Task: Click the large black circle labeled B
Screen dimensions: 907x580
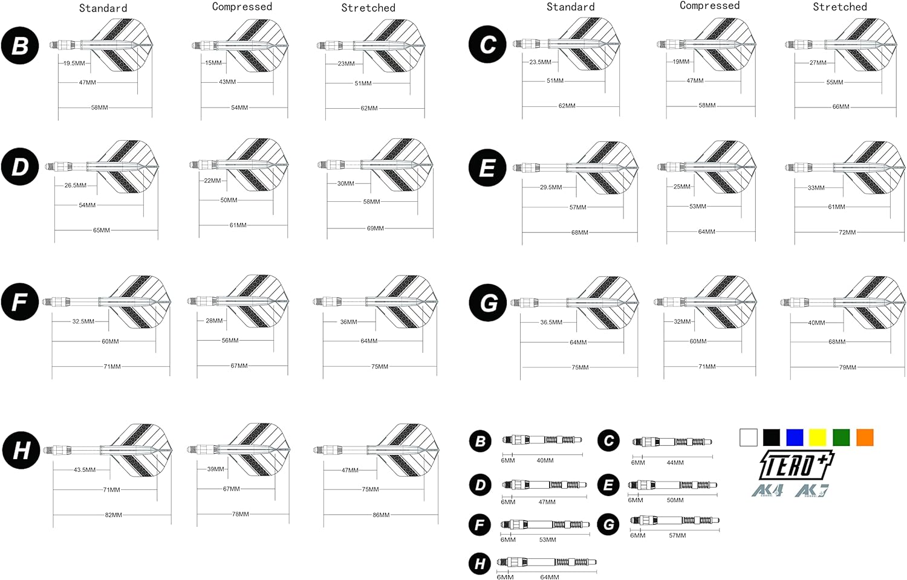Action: click(20, 45)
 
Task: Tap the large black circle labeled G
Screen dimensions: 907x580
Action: click(487, 303)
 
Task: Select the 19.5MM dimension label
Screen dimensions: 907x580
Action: click(74, 63)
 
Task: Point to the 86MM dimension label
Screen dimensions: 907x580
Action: click(381, 515)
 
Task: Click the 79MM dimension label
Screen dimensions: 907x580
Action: click(848, 367)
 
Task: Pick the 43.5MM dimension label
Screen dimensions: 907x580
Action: click(85, 470)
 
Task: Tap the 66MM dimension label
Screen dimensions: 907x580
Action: click(841, 107)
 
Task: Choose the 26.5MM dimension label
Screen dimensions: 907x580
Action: click(76, 185)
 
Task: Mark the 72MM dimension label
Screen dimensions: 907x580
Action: click(848, 233)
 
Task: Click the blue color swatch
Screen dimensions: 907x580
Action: click(795, 437)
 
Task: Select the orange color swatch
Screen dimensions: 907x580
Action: click(865, 437)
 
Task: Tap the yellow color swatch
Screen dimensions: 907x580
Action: click(818, 437)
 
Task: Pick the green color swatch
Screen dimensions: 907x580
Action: click(842, 437)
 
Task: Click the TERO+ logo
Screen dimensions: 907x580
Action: click(796, 465)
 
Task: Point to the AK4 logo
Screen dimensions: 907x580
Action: click(767, 491)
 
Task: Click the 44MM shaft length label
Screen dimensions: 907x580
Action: click(675, 462)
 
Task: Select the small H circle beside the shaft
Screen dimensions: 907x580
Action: click(480, 564)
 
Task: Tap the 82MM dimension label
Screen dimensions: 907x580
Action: click(114, 515)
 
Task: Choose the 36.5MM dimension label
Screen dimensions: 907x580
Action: click(551, 323)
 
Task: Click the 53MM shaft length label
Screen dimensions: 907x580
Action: click(547, 540)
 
